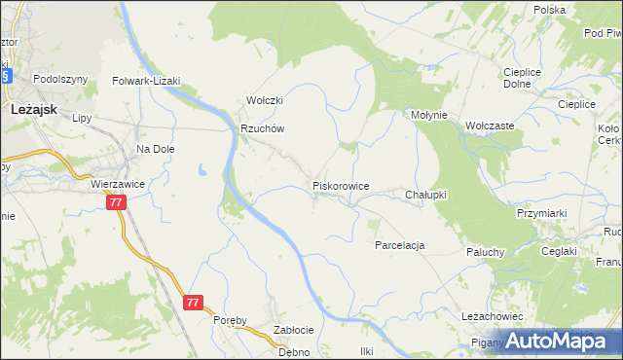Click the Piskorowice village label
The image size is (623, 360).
click(340, 185)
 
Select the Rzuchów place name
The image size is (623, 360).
click(262, 127)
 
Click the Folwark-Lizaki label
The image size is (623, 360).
click(147, 82)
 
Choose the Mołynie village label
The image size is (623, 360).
click(428, 115)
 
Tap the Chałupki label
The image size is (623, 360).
click(425, 195)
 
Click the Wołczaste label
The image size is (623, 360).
click(490, 126)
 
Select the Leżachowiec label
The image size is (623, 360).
click(493, 316)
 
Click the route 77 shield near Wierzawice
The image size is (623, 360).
click(116, 202)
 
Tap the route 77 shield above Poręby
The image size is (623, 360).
click(193, 303)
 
